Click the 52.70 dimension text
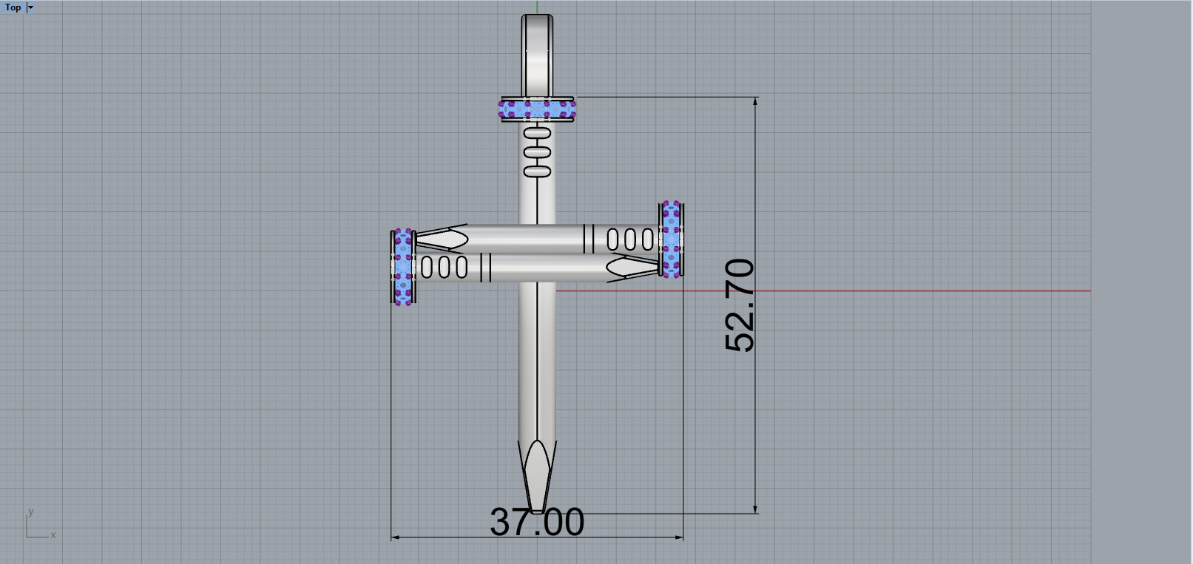[x=740, y=305]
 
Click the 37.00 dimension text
[x=537, y=522]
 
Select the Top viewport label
[x=13, y=7]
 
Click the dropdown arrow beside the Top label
[x=30, y=7]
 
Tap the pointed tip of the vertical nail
[x=538, y=507]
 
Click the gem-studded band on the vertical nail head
[x=537, y=109]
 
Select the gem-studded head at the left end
[x=403, y=267]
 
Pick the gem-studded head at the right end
[x=671, y=239]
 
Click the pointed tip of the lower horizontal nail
[x=651, y=267]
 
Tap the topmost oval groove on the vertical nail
[x=538, y=134]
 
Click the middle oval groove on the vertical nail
[x=538, y=153]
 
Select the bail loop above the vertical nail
[x=537, y=52]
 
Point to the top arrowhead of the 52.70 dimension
[x=755, y=101]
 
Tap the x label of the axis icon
[x=53, y=534]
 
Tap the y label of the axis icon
[x=31, y=512]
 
